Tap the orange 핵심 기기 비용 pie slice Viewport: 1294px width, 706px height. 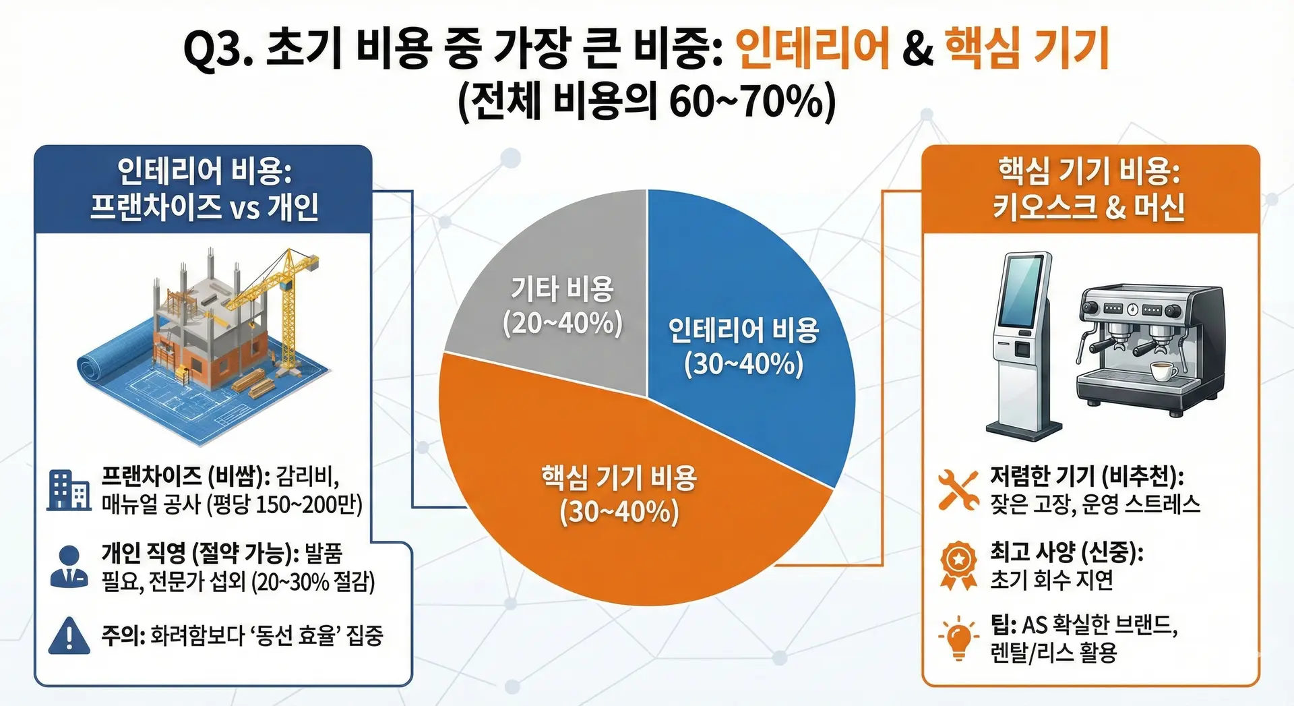[620, 499]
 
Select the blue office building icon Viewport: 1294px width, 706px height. [69, 490]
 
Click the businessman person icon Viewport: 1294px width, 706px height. [69, 566]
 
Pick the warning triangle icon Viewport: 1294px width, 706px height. [69, 636]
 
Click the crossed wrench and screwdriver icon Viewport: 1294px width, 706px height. [958, 490]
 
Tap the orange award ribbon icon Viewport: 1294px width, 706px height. [958, 566]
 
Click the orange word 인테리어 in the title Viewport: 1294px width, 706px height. [813, 49]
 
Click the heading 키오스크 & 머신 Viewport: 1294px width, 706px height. [1089, 207]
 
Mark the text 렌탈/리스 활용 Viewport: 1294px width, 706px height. [1054, 653]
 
